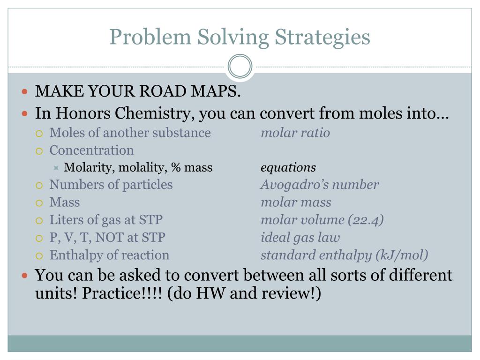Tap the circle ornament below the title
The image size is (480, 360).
[x=240, y=66]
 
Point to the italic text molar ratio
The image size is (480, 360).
[x=295, y=133]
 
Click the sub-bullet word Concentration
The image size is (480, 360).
[x=91, y=150]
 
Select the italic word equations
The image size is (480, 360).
[x=288, y=168]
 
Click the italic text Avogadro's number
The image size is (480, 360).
[x=320, y=185]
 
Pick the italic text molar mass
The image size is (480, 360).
[x=296, y=202]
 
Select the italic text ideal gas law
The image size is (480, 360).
[x=300, y=238]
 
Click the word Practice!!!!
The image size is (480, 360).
[x=120, y=294]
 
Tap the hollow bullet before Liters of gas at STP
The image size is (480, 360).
[x=40, y=220]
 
